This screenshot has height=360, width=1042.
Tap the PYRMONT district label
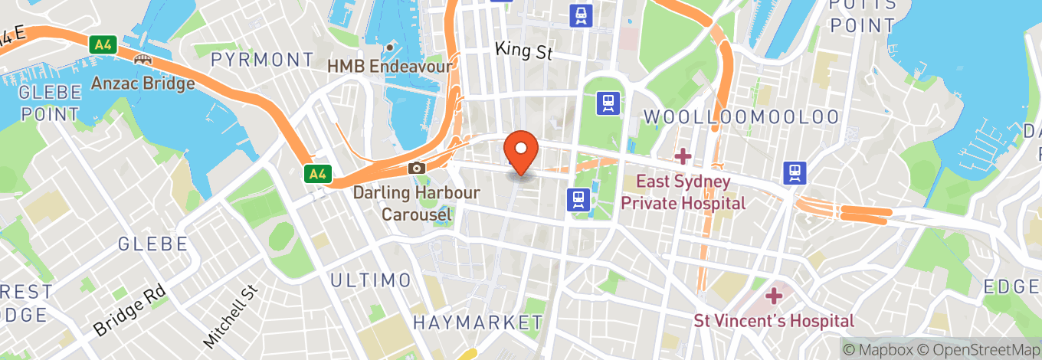(x=262, y=60)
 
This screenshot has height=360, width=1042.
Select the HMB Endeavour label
(x=389, y=67)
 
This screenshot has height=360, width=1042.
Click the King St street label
(x=523, y=51)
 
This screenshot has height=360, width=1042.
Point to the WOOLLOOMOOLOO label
(x=741, y=117)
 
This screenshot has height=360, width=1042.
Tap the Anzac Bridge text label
(x=143, y=83)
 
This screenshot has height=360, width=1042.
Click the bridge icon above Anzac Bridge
(x=143, y=60)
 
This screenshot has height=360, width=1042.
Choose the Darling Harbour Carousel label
(x=416, y=203)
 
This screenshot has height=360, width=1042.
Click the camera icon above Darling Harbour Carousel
(x=416, y=168)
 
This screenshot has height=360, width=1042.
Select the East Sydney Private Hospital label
(x=683, y=192)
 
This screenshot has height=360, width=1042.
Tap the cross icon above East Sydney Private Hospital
(x=682, y=156)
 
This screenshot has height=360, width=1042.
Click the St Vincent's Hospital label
(x=774, y=320)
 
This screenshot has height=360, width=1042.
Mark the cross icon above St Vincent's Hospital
(x=774, y=295)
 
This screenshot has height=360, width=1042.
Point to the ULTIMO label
(x=371, y=280)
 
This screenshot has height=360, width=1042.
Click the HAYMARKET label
(x=477, y=322)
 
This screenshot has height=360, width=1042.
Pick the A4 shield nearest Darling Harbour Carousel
(x=316, y=174)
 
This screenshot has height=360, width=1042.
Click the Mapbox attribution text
(x=880, y=349)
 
